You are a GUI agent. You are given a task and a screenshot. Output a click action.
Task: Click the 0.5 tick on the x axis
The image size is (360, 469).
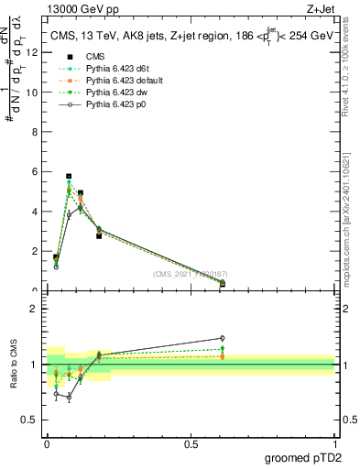[x=191, y=443]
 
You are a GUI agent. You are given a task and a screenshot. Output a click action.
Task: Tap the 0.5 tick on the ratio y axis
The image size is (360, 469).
[x=31, y=421]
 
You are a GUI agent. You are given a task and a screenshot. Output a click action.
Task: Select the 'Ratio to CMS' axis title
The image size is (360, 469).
[x=15, y=365]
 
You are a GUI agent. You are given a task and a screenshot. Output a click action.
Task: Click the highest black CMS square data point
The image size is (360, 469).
[x=69, y=176]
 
